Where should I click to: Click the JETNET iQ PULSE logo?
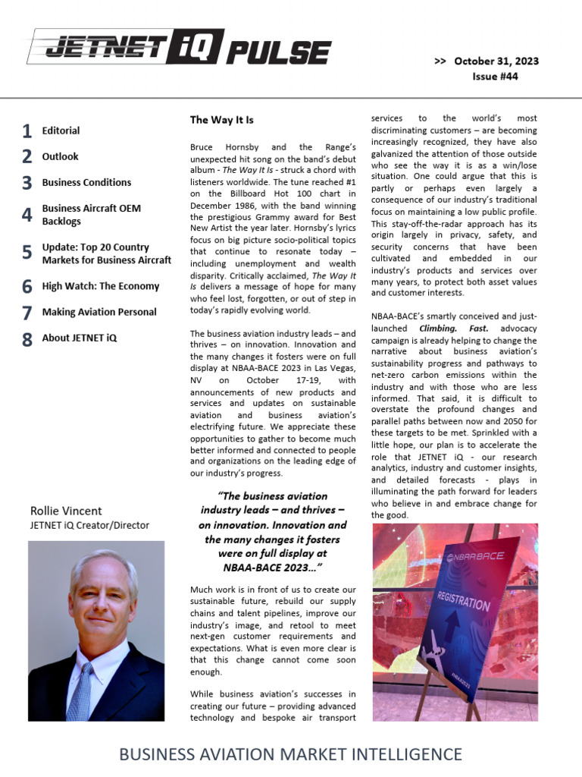click(179, 52)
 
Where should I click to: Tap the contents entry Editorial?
click(61, 131)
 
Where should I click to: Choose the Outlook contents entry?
click(60, 156)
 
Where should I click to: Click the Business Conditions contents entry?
click(86, 182)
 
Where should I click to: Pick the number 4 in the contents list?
click(27, 215)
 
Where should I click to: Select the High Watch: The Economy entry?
click(100, 286)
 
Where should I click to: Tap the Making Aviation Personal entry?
click(99, 312)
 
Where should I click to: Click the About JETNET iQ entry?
click(80, 338)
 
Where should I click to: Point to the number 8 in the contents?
click(27, 339)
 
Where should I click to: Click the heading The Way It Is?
click(221, 120)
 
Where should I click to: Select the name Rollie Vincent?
click(65, 511)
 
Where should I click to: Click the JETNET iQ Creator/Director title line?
click(89, 525)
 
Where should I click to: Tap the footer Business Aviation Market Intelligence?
click(291, 754)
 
